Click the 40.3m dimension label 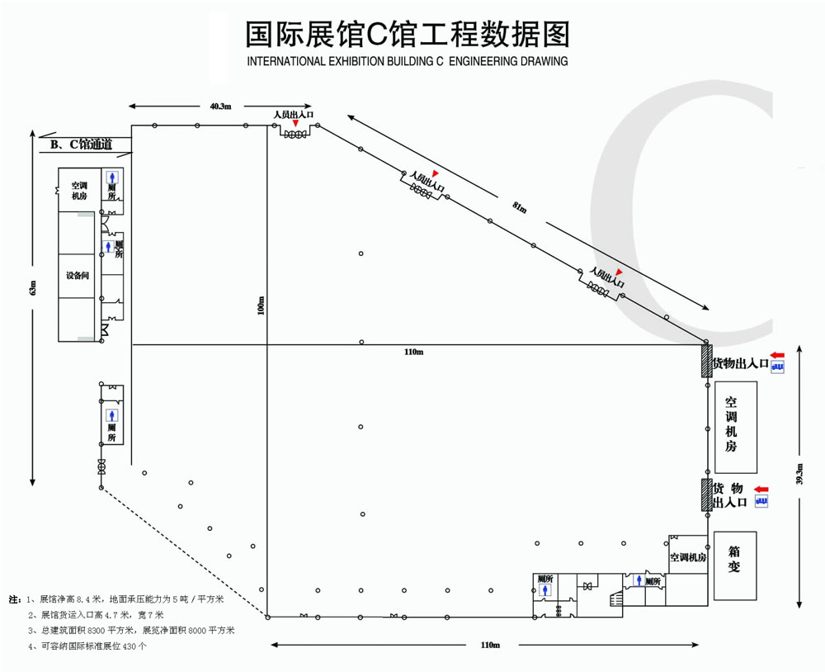click(220, 106)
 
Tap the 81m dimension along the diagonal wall click(519, 208)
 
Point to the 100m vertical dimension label click(261, 306)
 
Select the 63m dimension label click(33, 288)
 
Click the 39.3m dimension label click(799, 474)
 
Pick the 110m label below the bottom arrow click(490, 645)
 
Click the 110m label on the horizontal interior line click(413, 352)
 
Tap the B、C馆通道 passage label click(82, 144)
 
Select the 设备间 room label click(78, 276)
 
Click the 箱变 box click(735, 566)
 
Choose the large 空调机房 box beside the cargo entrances click(736, 427)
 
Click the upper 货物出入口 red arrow click(777, 356)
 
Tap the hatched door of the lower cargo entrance click(706, 495)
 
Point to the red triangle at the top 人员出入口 click(295, 123)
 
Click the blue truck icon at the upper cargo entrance click(778, 367)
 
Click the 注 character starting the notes click(14, 599)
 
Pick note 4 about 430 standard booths click(88, 646)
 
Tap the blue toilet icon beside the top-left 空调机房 click(112, 177)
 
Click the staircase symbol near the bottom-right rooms click(615, 599)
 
